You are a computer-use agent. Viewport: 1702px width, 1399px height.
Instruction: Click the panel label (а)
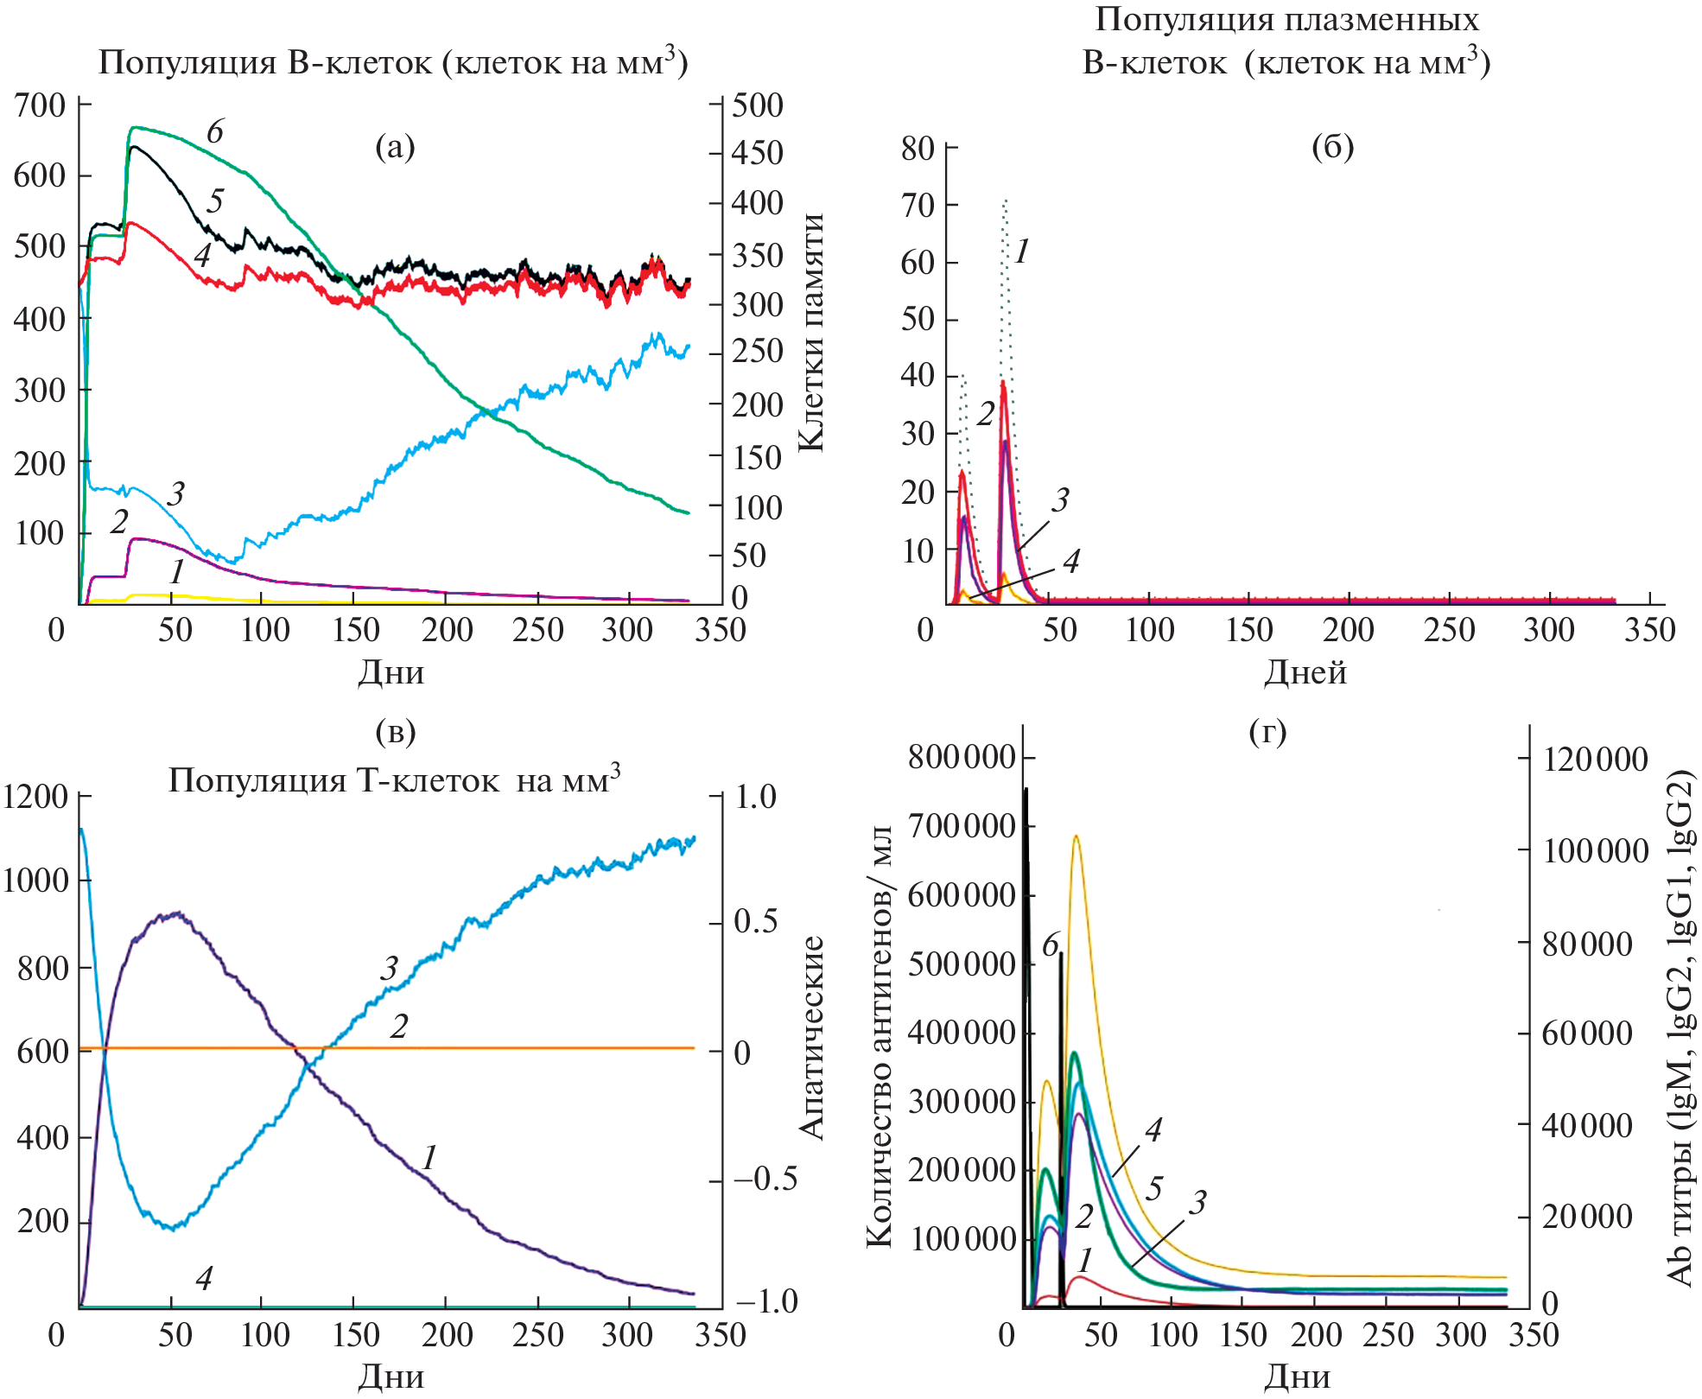coord(395,148)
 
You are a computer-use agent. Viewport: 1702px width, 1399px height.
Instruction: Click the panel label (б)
coord(1332,148)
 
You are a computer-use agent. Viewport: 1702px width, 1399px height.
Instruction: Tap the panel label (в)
coord(396,732)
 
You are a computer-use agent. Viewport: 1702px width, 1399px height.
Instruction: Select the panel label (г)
coord(1267,732)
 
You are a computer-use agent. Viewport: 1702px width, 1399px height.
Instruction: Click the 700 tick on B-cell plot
coord(40,105)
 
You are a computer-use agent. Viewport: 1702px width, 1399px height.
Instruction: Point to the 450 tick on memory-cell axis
coord(758,153)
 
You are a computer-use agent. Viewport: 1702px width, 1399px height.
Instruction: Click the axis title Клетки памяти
coord(810,333)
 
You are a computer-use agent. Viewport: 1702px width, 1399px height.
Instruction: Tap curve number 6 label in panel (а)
coord(214,132)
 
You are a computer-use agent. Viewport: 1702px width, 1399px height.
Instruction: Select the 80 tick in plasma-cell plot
coord(918,149)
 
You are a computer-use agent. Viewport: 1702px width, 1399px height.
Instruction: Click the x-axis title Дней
coord(1305,672)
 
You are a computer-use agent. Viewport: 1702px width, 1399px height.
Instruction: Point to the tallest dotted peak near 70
coord(1005,200)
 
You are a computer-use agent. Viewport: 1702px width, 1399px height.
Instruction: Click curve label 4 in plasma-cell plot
coord(1071,562)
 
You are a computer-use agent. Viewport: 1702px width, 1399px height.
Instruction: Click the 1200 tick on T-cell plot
coord(35,797)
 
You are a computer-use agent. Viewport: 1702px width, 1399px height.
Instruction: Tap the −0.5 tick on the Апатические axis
coord(765,1180)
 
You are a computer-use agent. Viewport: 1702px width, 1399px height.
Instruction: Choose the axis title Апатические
coord(810,1037)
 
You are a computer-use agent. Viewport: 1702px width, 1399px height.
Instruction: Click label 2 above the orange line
coord(398,1027)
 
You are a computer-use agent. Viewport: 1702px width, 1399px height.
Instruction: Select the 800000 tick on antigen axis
coord(961,757)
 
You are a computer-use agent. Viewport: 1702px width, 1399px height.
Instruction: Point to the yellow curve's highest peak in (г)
coord(1076,836)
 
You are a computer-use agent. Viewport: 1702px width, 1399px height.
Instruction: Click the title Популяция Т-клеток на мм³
coord(394,779)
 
